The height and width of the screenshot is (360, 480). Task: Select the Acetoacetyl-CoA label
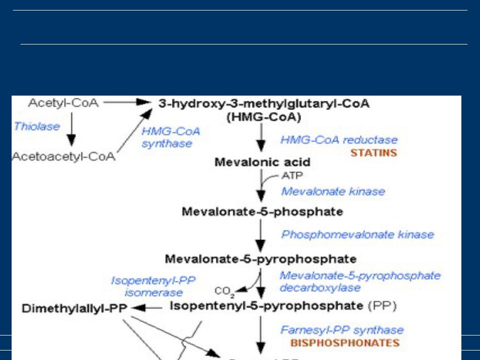(x=63, y=156)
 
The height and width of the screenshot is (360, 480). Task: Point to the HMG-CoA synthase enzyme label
(x=170, y=137)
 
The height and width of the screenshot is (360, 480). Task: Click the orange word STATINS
(x=373, y=152)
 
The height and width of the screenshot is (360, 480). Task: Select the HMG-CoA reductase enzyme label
(x=339, y=140)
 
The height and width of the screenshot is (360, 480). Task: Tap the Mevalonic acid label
(x=262, y=162)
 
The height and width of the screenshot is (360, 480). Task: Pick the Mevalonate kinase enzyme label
(x=333, y=191)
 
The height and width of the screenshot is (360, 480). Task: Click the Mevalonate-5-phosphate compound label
(x=262, y=211)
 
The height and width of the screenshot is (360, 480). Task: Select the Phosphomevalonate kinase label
(x=357, y=234)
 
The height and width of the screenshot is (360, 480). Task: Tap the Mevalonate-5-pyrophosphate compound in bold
(x=260, y=259)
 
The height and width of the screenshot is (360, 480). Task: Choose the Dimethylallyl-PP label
(x=75, y=308)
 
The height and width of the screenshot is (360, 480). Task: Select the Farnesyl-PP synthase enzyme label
(x=342, y=330)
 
